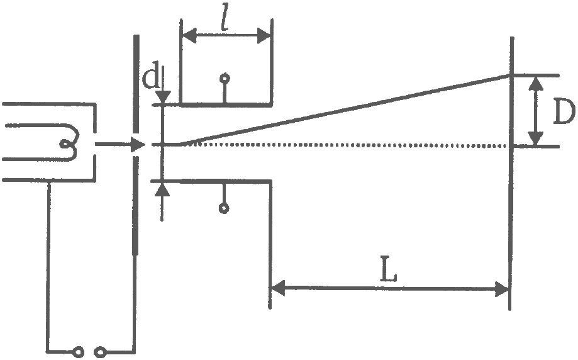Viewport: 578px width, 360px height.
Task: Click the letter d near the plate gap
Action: pos(150,78)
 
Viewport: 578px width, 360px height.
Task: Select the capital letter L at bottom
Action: pos(389,272)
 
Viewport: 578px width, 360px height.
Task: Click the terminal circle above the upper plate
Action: pos(224,78)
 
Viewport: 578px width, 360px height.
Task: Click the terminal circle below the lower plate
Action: pos(223,208)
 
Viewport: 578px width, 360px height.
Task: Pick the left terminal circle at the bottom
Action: pos(78,352)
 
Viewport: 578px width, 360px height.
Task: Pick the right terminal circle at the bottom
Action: pos(99,352)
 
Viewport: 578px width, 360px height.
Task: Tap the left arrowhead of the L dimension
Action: pos(278,288)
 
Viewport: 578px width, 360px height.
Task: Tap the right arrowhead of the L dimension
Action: pos(502,289)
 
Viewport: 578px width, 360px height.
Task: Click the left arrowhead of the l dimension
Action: pos(189,35)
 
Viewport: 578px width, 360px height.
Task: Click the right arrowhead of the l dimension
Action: pos(264,35)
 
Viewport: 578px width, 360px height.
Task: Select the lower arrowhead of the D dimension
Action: pos(536,138)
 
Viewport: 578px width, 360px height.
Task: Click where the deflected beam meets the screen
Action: pos(511,76)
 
